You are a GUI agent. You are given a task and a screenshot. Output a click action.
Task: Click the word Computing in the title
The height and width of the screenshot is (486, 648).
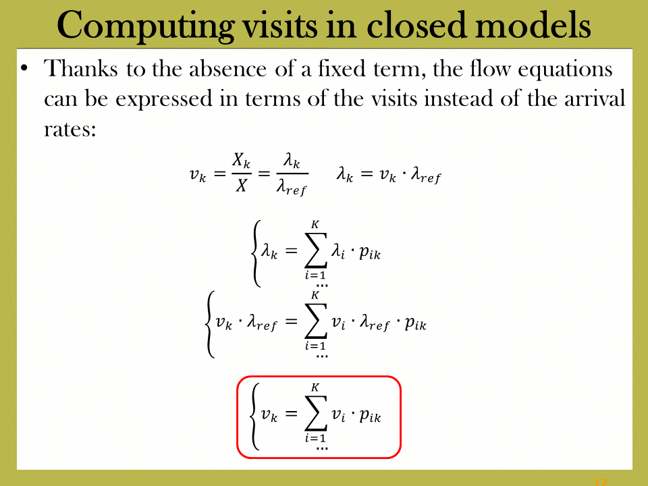click(146, 26)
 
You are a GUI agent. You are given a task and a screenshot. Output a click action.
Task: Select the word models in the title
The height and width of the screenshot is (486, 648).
click(533, 25)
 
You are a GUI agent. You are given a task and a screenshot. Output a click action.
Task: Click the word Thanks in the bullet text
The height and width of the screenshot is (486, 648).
click(80, 68)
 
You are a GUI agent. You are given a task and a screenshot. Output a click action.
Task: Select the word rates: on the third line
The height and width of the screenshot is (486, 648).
click(70, 130)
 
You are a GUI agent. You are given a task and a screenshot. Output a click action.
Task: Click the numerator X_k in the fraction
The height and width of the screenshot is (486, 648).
click(242, 161)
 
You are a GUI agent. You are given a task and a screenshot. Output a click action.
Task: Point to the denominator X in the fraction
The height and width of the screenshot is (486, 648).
click(242, 186)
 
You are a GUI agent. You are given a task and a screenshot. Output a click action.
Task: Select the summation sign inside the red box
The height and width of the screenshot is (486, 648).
click(316, 413)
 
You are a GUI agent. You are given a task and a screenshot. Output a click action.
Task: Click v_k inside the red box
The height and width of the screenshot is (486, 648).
click(269, 414)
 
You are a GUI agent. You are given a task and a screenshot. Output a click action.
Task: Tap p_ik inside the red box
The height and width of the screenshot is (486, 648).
click(370, 415)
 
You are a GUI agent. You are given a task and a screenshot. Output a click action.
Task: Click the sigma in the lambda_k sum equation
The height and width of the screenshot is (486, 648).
click(316, 250)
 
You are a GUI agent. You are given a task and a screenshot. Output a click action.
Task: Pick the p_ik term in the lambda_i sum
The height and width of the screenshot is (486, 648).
click(370, 252)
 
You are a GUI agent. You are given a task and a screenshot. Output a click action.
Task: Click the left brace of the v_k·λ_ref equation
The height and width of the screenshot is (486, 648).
click(210, 324)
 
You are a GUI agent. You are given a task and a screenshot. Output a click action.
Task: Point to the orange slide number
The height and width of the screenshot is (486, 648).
click(601, 482)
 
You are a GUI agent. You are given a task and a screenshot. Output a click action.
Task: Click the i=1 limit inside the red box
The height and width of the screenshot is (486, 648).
click(315, 437)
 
